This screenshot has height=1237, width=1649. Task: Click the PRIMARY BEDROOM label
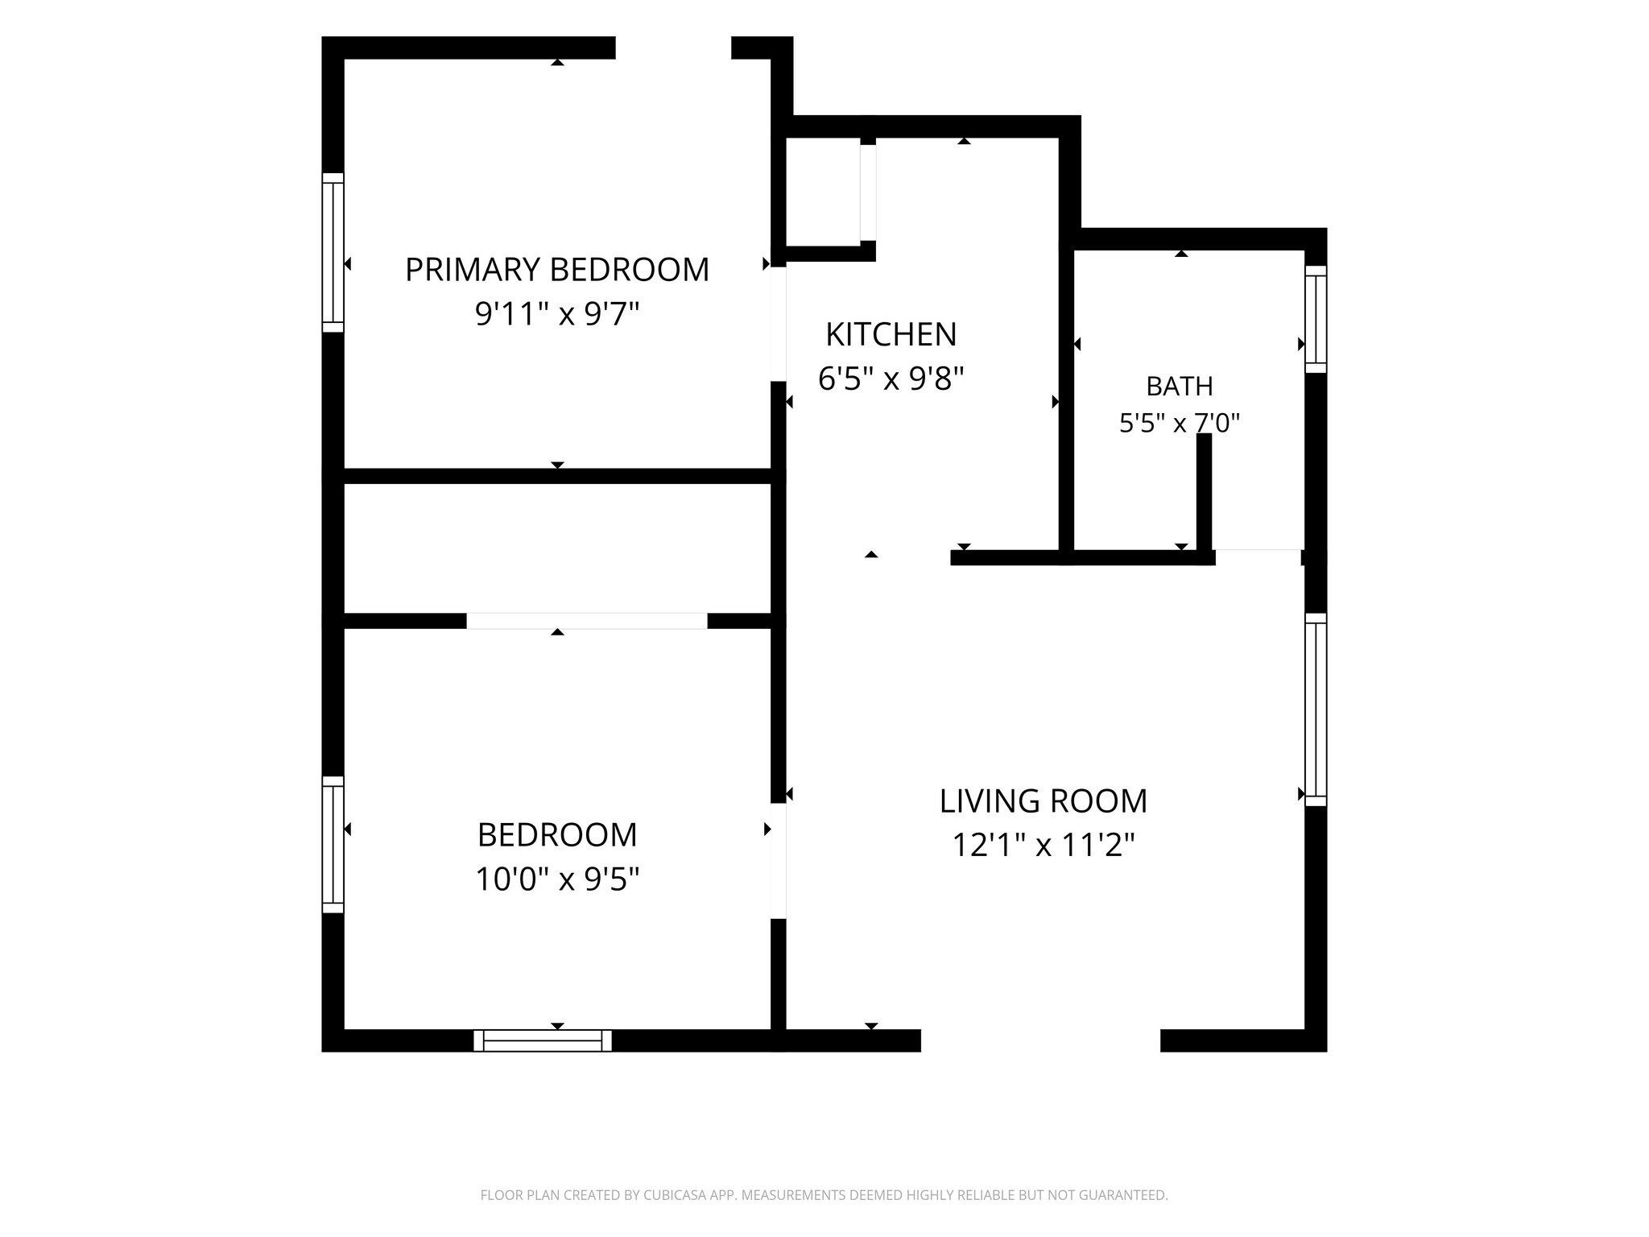coord(557,270)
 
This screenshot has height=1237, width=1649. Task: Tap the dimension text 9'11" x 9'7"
coord(557,313)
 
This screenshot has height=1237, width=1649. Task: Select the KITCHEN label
coord(891,335)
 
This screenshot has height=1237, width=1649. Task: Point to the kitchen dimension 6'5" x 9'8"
coord(891,378)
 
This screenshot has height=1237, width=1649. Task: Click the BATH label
coord(1180,387)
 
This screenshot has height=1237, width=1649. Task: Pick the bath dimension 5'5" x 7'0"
coord(1180,423)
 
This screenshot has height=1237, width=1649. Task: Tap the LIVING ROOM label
coord(1044,801)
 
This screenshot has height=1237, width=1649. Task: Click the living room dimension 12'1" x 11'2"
coord(1044,846)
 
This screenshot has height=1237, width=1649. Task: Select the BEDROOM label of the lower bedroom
coord(557,835)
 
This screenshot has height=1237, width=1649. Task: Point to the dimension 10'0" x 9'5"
coord(557,879)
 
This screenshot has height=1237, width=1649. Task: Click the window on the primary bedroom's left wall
coord(333,252)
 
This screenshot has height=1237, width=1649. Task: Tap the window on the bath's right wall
coord(1316,320)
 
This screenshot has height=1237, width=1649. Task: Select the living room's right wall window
coord(1316,710)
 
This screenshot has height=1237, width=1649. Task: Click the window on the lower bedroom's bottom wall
coord(543,1040)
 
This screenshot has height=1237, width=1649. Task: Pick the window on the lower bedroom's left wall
coord(333,844)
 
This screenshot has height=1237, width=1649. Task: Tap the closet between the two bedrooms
coord(557,548)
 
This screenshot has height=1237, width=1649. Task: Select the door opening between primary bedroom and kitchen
coord(779,324)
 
